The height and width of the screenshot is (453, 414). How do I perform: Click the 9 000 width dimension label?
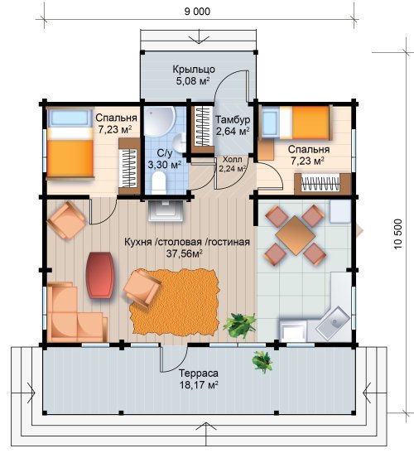pos(197,12)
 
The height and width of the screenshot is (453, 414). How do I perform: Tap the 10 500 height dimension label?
pos(397,234)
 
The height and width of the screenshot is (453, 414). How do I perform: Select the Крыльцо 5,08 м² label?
pos(194,75)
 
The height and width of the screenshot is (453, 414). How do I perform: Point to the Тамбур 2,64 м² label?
pos(233,125)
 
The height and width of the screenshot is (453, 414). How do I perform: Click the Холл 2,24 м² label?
pos(233,164)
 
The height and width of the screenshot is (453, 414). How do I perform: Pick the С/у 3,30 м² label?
pos(165,159)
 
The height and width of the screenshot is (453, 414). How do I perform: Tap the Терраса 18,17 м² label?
pos(199,379)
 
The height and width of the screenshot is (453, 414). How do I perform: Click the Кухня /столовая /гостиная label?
pos(187,242)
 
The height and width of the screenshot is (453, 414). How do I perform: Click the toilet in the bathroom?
pos(159,183)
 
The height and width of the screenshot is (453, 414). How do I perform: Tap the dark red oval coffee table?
pos(100,275)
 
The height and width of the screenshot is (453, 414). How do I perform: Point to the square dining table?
pos(296,235)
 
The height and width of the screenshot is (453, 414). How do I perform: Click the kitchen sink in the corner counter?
pos(333,323)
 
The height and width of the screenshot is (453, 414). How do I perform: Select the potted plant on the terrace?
pos(262,361)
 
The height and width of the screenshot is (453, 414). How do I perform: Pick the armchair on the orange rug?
pos(142,289)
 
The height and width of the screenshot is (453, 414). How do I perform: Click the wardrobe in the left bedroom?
pos(129,166)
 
